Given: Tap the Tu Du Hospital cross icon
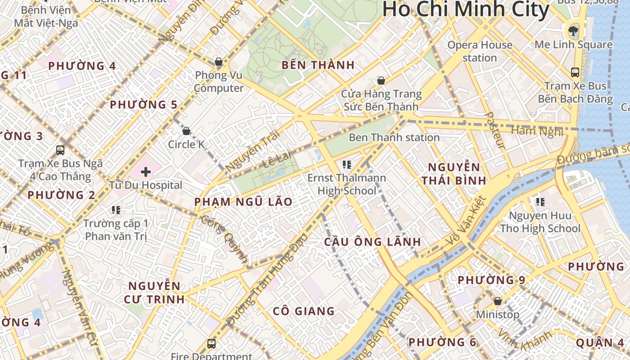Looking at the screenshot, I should tap(146, 171).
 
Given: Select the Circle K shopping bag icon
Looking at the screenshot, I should tap(186, 131).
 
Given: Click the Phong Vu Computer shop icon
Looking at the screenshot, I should tap(219, 61).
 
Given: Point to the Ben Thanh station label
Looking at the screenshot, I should tap(394, 137).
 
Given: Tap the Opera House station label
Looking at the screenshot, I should tap(480, 51).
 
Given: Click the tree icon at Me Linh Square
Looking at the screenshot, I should tap(573, 31).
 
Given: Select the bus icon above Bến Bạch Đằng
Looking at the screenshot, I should tap(575, 72).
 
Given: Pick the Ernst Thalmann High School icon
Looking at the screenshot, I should tap(346, 164).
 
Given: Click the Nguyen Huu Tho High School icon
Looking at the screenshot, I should tap(540, 202).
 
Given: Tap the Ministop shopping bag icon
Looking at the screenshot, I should tap(498, 301).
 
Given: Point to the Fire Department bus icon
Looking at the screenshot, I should tap(211, 343).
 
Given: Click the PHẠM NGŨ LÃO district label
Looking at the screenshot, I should tap(243, 202).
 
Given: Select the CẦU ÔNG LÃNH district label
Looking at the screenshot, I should tap(373, 242).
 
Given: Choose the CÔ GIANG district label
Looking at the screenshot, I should tap(304, 311).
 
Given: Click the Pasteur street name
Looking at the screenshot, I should tap(495, 130).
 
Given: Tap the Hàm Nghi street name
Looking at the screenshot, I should tap(537, 131).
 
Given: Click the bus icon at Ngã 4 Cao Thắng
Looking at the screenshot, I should tap(60, 150).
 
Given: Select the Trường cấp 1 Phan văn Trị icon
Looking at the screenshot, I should tap(116, 210).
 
